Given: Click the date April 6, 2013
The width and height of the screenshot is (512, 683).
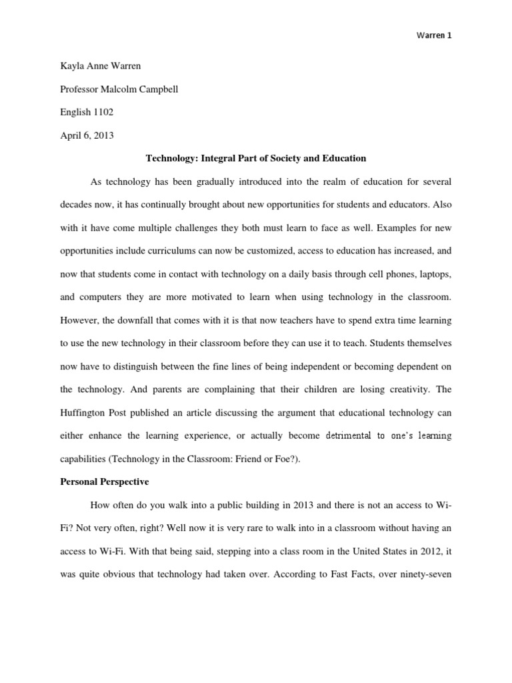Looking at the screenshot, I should (86, 135).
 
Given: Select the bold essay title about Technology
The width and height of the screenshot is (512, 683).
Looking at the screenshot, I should (256, 159).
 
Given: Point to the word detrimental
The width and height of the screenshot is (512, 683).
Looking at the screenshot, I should (353, 436).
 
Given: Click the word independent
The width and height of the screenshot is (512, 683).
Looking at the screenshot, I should (319, 367).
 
